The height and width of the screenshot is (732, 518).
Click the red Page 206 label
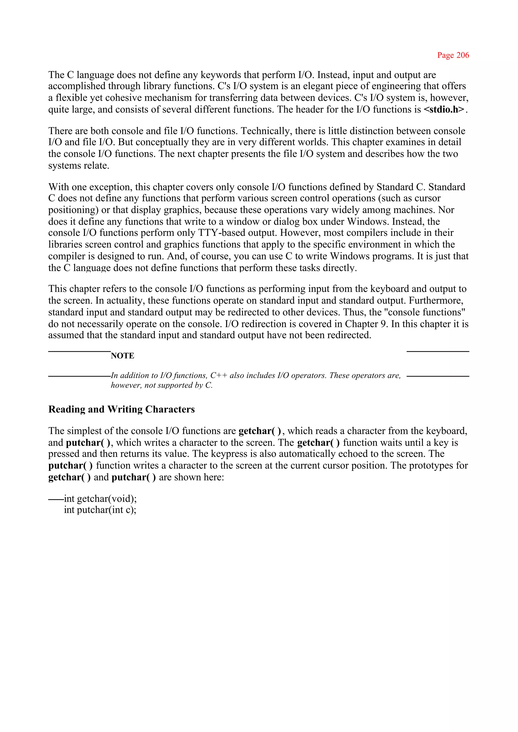click(453, 55)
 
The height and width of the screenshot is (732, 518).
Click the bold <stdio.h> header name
click(444, 110)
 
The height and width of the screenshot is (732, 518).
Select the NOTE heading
click(122, 356)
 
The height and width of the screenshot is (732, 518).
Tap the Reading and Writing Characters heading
click(121, 409)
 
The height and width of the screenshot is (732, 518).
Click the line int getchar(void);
click(100, 498)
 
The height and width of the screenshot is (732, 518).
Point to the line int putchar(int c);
click(100, 510)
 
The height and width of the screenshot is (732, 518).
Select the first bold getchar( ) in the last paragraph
click(260, 431)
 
